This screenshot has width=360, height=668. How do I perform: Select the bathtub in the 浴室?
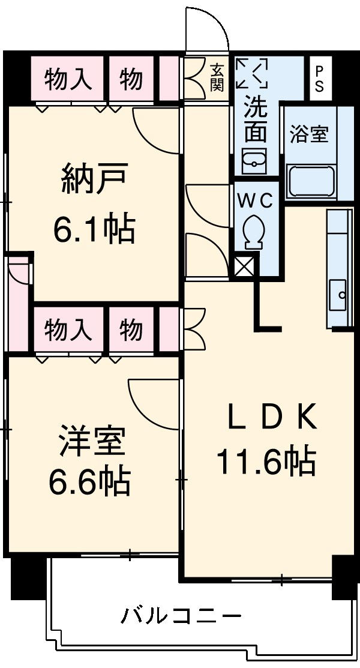[310, 180]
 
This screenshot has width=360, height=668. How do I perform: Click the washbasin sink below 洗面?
[254, 160]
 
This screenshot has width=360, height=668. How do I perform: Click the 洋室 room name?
[91, 441]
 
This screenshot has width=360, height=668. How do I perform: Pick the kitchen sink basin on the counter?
[339, 293]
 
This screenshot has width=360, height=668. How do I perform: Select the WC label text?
[256, 200]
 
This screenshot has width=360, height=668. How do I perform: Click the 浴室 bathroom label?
[309, 134]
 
